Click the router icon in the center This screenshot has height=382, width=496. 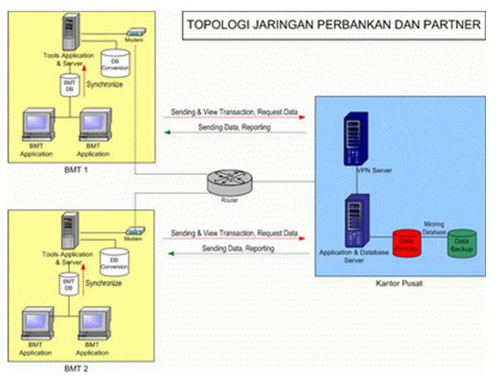point(228,181)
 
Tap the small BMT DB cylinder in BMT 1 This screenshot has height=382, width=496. point(69,85)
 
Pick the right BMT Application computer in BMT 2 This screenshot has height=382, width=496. point(94,325)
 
